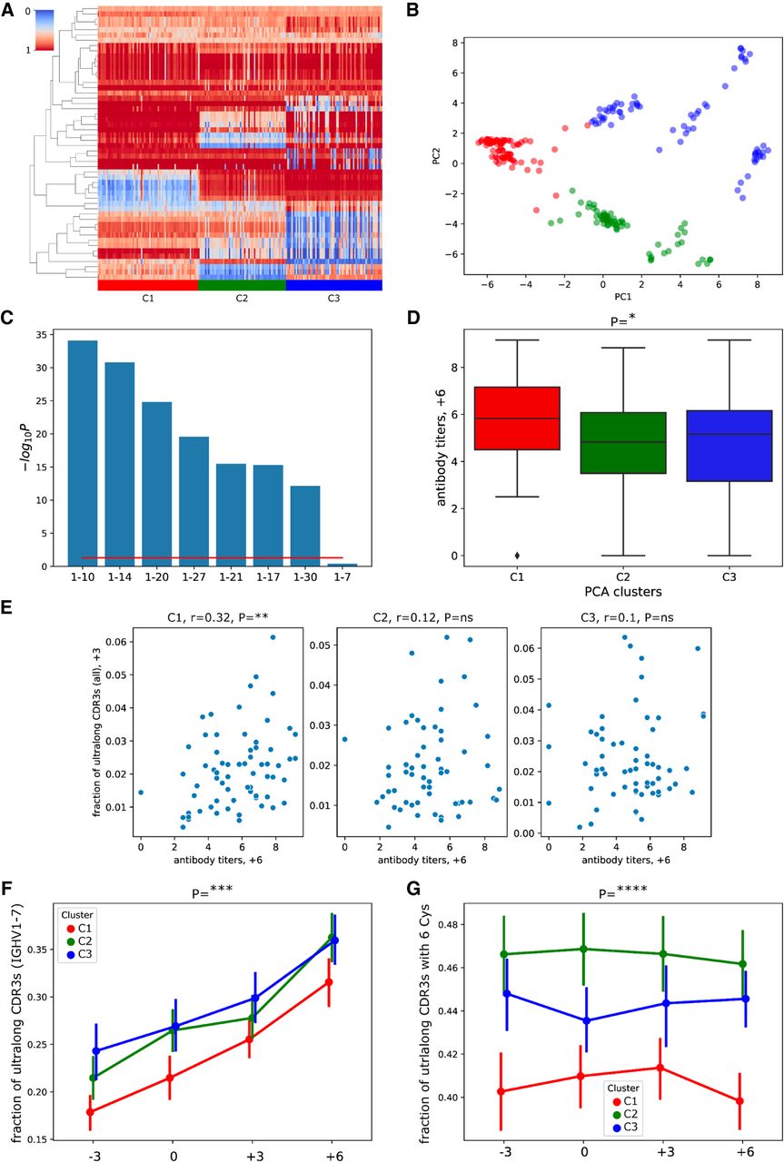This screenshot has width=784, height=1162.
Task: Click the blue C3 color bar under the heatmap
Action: click(333, 284)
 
